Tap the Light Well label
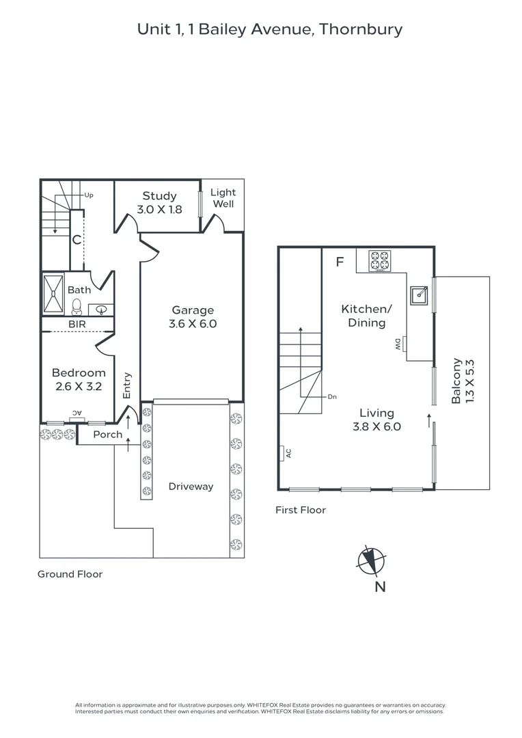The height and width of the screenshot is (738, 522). coord(222,198)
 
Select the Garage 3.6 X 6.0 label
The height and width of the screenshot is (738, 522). coord(193,317)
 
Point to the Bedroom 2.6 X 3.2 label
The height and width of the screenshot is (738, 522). coord(79,379)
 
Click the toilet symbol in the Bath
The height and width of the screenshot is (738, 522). coord(77,307)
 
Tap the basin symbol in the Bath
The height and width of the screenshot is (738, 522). coord(102,310)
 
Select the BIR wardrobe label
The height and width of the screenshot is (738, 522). coord(76,325)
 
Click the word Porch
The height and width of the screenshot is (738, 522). coord(107,435)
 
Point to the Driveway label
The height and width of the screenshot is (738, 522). coord(191,487)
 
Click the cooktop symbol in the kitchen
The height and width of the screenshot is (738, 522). coord(379,260)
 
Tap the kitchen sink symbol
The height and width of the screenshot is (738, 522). coord(419,295)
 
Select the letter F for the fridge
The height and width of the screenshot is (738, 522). coord(340,261)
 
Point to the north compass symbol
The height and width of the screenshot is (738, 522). coord(372,561)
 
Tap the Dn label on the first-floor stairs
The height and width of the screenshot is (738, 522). coord(332,396)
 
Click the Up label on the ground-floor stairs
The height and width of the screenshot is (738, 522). coord(88,195)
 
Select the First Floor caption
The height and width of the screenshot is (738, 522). coord(301,510)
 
